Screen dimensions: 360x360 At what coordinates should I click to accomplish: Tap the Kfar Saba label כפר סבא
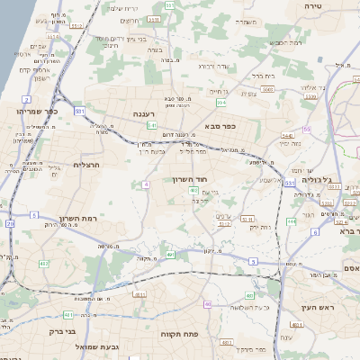[219, 126]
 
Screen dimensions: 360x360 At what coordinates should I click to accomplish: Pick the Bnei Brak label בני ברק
[84, 329]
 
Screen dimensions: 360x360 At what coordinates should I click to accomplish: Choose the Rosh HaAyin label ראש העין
[318, 308]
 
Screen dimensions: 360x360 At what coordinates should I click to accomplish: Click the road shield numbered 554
[221, 103]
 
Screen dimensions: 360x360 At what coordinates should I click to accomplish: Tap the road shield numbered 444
[292, 220]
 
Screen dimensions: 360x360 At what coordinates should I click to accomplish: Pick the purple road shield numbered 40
[207, 304]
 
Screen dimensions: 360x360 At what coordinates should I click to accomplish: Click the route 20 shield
[10, 222]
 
